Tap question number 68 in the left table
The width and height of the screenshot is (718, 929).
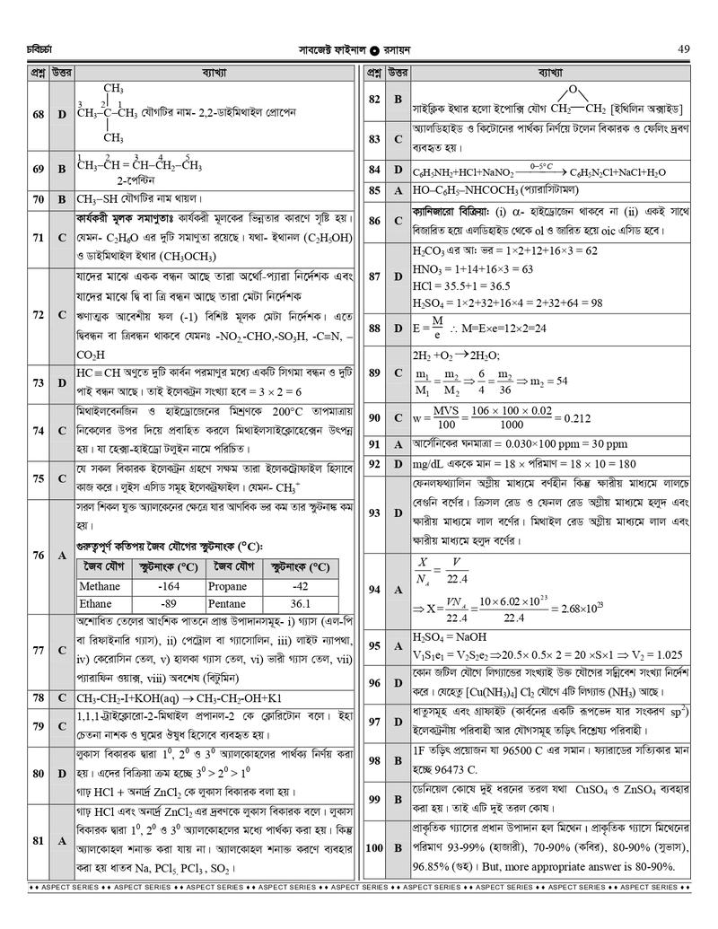(x=38, y=114)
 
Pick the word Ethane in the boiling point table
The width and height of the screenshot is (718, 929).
(x=95, y=603)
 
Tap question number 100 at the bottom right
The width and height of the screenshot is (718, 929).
(x=374, y=847)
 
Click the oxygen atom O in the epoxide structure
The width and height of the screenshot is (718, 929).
(x=571, y=90)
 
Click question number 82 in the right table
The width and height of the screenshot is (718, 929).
(x=374, y=98)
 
